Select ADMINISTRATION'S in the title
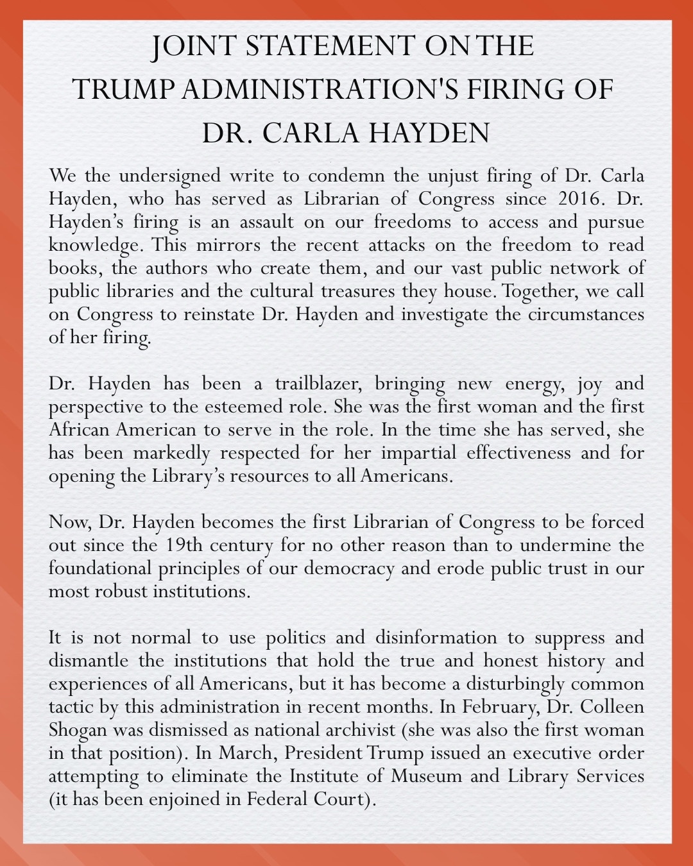pyautogui.click(x=320, y=89)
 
